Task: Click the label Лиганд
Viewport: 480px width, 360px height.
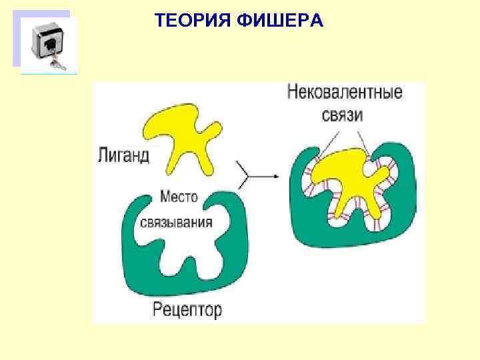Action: coord(123,155)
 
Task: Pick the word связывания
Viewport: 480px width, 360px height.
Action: coord(177,222)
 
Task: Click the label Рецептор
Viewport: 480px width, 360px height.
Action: coord(187,309)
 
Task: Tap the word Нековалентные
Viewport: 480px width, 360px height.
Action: coord(345,92)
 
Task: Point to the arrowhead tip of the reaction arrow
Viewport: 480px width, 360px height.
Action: coord(278,177)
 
